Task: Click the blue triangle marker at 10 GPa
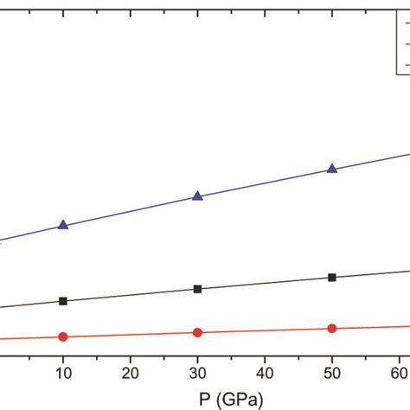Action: (62, 225)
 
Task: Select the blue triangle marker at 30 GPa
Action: (197, 196)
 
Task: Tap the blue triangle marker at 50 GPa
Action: (332, 169)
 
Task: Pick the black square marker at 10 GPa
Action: (62, 301)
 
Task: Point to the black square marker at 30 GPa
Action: (197, 289)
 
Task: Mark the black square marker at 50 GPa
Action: (332, 278)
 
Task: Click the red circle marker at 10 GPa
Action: (62, 336)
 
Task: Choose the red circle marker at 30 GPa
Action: (197, 332)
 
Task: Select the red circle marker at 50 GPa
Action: (332, 328)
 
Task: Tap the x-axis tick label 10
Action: (62, 373)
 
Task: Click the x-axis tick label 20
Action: (130, 373)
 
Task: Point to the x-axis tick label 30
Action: (197, 373)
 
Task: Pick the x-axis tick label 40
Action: (265, 373)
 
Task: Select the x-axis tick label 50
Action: (332, 373)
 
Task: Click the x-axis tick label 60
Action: (399, 373)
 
